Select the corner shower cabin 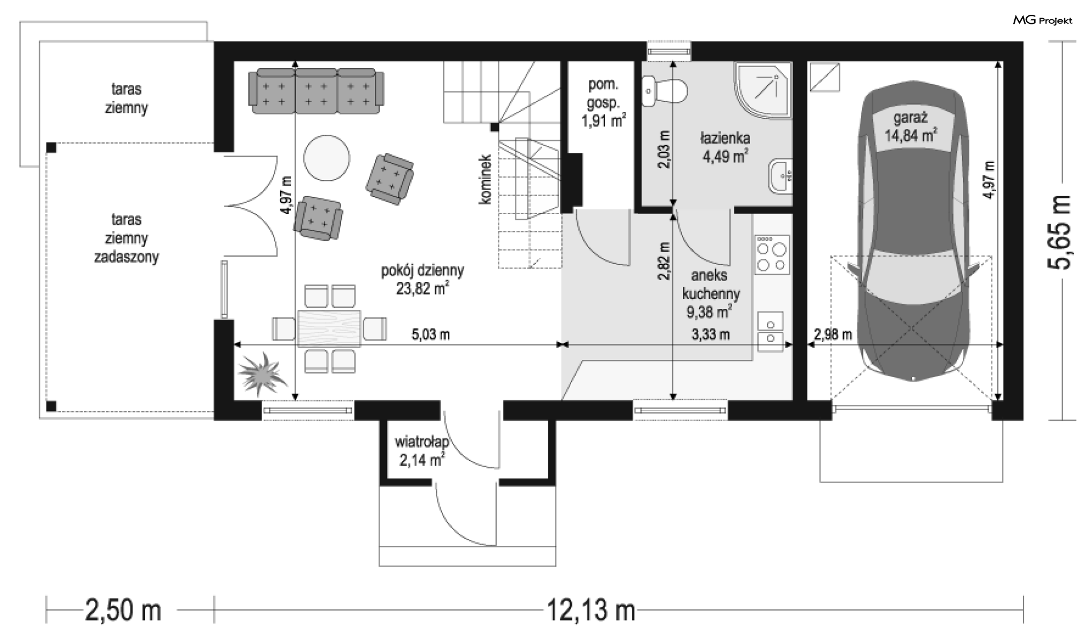click(x=763, y=91)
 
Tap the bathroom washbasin click(x=780, y=177)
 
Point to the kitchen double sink click(x=771, y=332)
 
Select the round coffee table click(x=327, y=158)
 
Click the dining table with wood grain click(x=330, y=328)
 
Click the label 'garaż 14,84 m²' click(x=910, y=127)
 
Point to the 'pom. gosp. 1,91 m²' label click(x=603, y=103)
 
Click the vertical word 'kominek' click(x=485, y=179)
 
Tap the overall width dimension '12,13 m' click(x=591, y=610)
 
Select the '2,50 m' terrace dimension click(x=123, y=610)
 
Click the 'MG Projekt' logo click(x=1043, y=20)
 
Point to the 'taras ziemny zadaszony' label click(x=126, y=238)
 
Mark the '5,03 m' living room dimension click(x=431, y=334)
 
